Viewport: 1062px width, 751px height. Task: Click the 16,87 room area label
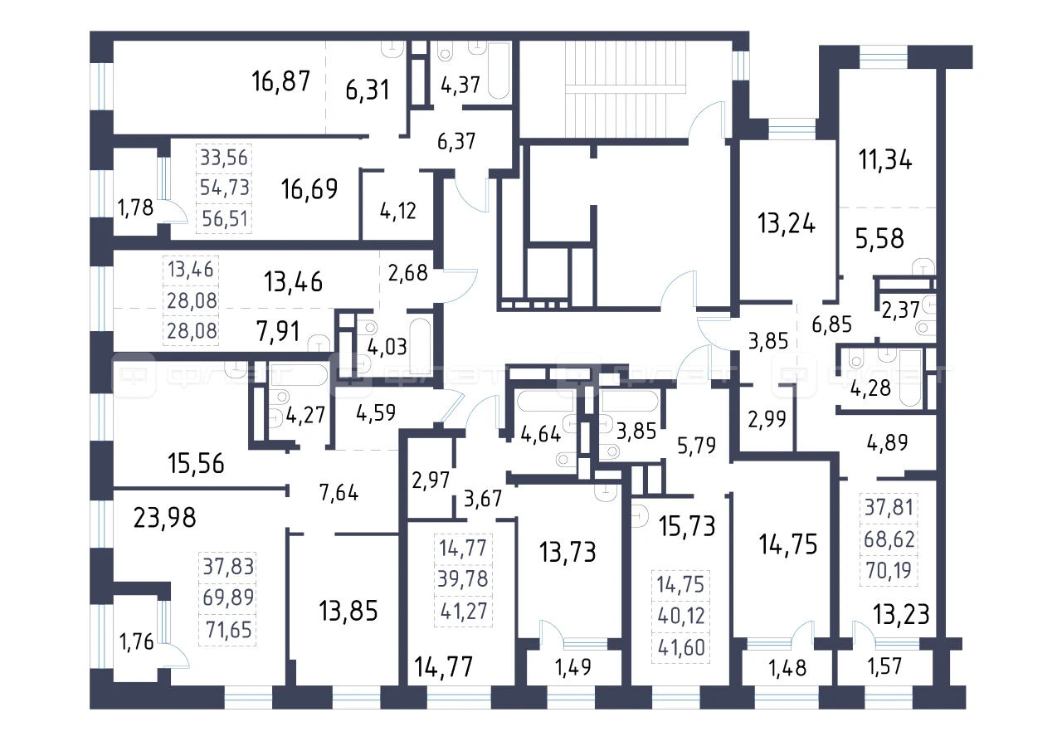point(280,81)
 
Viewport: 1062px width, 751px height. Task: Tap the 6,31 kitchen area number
point(368,90)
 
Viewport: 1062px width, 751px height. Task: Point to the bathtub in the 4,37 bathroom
point(499,71)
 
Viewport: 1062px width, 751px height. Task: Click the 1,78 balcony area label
point(135,207)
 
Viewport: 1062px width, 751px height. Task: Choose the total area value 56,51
point(225,219)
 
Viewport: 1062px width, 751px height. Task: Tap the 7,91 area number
point(278,331)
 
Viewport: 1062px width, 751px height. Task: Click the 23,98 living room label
point(164,518)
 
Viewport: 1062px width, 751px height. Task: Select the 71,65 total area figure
point(228,630)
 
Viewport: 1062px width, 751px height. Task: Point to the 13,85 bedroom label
point(348,611)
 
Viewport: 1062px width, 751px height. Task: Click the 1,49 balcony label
point(573,667)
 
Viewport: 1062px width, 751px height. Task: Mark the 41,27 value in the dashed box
point(464,611)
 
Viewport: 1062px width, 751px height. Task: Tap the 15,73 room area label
point(687,526)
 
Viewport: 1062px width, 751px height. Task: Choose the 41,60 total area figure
point(681,647)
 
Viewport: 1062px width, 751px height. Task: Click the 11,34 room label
point(885,160)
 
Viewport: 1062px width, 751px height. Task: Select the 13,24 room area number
point(787,223)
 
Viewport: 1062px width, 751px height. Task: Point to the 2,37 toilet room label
point(900,310)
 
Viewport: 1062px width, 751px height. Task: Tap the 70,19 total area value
point(889,570)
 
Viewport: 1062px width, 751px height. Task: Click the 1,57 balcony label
point(884,666)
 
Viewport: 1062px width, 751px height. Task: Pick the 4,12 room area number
point(397,211)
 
